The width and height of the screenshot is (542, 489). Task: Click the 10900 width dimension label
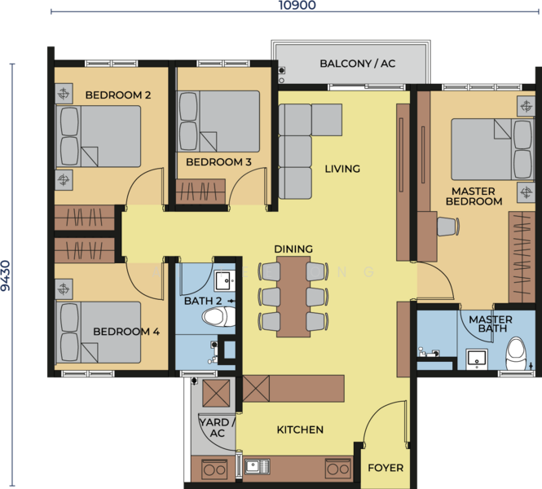pyautogui.click(x=297, y=5)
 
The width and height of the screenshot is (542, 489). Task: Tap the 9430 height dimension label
pyautogui.click(x=6, y=275)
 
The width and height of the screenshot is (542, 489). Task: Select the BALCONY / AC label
pyautogui.click(x=358, y=64)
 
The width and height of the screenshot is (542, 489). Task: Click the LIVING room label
pyautogui.click(x=342, y=169)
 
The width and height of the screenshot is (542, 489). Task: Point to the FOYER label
pyautogui.click(x=386, y=468)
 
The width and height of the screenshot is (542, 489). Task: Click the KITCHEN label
pyautogui.click(x=300, y=430)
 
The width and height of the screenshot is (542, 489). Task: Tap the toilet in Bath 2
pyautogui.click(x=218, y=316)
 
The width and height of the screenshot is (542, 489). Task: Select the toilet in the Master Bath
pyautogui.click(x=517, y=353)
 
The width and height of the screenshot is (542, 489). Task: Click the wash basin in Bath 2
pyautogui.click(x=225, y=280)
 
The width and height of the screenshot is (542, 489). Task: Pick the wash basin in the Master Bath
pyautogui.click(x=477, y=359)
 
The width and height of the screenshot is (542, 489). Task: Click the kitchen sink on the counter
pyautogui.click(x=258, y=466)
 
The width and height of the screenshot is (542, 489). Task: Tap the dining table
pyautogui.click(x=293, y=296)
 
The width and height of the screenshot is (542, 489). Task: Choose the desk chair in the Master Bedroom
pyautogui.click(x=448, y=227)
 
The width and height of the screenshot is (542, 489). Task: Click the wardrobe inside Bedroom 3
pyautogui.click(x=200, y=192)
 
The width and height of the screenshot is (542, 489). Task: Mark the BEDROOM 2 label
pyautogui.click(x=118, y=95)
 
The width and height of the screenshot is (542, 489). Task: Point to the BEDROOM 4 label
pyautogui.click(x=126, y=332)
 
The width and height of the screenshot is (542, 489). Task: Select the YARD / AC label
pyautogui.click(x=217, y=428)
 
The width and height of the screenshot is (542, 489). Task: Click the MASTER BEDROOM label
pyautogui.click(x=474, y=196)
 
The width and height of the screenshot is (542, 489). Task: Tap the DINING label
pyautogui.click(x=293, y=249)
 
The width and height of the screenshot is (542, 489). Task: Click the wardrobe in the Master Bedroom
pyautogui.click(x=522, y=258)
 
